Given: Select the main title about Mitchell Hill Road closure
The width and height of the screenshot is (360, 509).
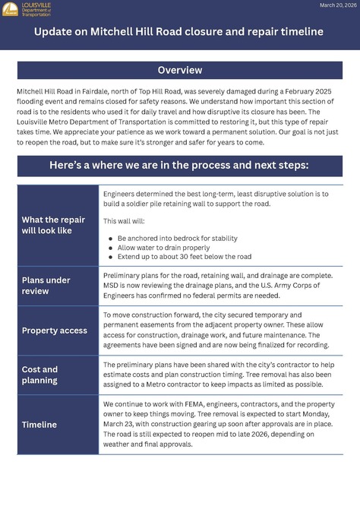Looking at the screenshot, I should (x=180, y=32).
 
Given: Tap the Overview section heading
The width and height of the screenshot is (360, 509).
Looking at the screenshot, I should (x=180, y=71).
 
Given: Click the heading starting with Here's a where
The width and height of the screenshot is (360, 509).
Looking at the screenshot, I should (x=180, y=166).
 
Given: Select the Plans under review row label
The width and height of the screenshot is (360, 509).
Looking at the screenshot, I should (x=47, y=285).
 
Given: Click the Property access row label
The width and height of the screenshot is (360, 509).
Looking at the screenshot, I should (x=55, y=330).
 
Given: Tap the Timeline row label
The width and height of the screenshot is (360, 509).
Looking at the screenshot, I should (x=39, y=425).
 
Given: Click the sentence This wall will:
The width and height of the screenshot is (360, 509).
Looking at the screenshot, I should (x=122, y=221).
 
